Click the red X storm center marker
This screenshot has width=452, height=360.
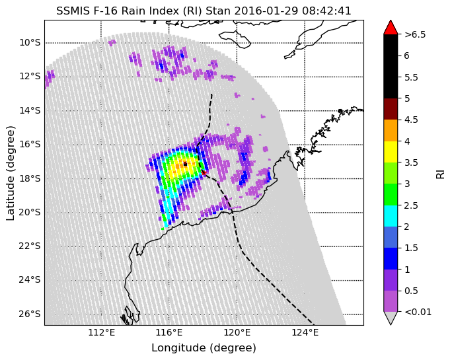pos(204,172)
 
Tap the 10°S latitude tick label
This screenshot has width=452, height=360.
pos(30,43)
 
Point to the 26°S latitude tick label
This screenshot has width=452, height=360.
pos(30,314)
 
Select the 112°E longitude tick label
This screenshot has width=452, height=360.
pos(102,333)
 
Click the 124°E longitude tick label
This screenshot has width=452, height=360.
pos(305,333)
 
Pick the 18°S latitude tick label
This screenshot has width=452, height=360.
pos(30,178)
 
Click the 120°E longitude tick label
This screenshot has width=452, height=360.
pos(237,333)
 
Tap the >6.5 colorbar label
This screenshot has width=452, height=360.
pos(415,34)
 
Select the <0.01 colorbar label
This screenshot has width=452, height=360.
pos(418,312)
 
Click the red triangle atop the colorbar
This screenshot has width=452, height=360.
pos(391,28)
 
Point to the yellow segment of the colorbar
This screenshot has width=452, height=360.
pos(391,152)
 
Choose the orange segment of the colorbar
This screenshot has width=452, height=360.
pos(391,131)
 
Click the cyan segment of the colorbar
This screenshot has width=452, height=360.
pos(391,216)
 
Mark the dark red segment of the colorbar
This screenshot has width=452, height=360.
pos(391,109)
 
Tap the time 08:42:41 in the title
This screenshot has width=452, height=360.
pos(326,11)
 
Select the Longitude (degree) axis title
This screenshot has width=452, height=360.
pos(204,348)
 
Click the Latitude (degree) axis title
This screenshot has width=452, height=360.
pos(11,173)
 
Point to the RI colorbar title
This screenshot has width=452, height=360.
pos(441,174)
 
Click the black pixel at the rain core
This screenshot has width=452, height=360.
pos(185,164)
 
